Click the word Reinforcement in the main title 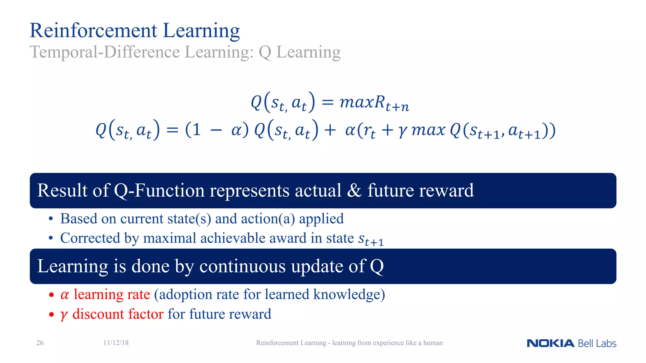point(93,31)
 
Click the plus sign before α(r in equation point(330,130)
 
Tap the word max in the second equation point(428,130)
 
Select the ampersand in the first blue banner point(354,191)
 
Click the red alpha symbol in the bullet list point(64,295)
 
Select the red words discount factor point(118,314)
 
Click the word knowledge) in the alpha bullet point(349,295)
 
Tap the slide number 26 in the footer point(40,343)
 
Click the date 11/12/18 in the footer point(116,343)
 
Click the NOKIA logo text point(550,343)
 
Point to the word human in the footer point(433,343)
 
